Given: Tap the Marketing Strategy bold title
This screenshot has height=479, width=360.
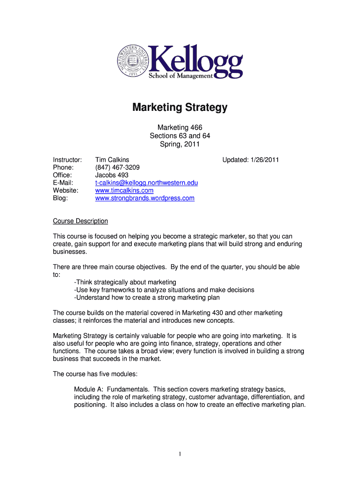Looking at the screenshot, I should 180,108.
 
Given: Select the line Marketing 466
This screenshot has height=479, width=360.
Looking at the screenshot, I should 180,127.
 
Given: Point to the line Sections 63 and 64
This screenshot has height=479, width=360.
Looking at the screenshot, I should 180,136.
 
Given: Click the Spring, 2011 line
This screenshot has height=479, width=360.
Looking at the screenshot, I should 180,144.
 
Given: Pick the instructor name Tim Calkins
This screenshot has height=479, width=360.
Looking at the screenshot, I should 112,160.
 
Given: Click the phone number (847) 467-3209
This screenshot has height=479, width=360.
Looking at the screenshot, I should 117,167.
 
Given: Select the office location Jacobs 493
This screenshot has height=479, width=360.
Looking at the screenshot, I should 112,175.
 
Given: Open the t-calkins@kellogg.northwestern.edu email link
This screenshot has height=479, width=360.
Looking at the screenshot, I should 146,183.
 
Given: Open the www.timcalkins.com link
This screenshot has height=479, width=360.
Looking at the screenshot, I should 124,190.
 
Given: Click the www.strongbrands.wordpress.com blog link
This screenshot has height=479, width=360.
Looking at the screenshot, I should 145,198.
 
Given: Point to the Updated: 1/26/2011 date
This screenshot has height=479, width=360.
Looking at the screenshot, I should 251,160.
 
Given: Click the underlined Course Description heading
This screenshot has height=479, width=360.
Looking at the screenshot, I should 80,221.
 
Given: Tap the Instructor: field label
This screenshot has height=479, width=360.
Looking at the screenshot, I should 68,160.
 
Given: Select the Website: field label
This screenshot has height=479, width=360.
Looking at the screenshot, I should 66,190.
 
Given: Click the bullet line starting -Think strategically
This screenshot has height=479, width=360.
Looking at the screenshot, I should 125,282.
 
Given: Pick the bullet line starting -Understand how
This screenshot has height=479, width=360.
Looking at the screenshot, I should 147,298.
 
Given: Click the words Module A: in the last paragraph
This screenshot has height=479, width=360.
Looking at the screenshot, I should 92,389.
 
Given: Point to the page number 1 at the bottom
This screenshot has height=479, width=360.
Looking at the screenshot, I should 180,453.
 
